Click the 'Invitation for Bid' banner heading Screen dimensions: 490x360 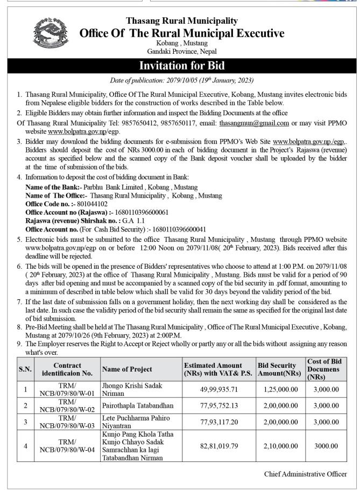(181, 66)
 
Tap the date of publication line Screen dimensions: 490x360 (181, 80)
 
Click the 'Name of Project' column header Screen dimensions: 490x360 (127, 369)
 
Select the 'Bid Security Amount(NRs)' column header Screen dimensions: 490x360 (278, 369)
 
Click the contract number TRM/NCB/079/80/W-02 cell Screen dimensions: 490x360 (67, 405)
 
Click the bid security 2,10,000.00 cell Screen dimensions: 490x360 (280, 446)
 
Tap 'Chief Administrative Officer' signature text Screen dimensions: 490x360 (305, 474)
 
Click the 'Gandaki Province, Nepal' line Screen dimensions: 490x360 (181, 51)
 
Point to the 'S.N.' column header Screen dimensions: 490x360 (25, 369)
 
